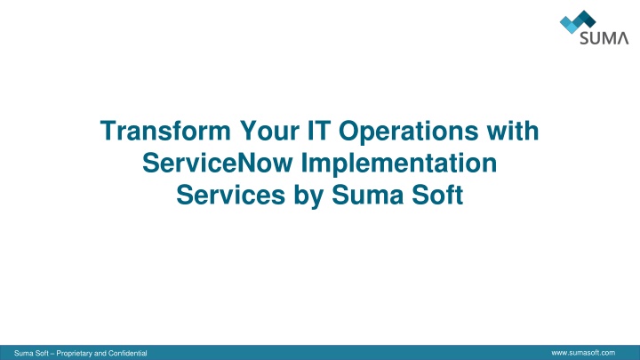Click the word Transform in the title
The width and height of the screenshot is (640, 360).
(x=165, y=131)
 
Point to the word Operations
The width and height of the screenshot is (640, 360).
(x=408, y=132)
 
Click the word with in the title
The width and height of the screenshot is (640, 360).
(x=513, y=131)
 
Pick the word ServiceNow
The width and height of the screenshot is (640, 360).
(x=218, y=163)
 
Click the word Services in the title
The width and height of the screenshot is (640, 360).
(x=230, y=195)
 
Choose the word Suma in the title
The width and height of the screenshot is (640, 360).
(x=367, y=195)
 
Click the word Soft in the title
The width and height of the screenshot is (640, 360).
(x=437, y=195)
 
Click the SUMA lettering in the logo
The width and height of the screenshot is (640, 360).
(x=604, y=38)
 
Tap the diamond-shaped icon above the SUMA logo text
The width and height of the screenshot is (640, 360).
(x=578, y=21)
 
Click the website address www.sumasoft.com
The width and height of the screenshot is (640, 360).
(x=583, y=353)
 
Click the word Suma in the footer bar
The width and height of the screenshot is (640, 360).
(x=22, y=353)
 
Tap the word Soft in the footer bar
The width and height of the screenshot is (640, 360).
(x=40, y=353)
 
